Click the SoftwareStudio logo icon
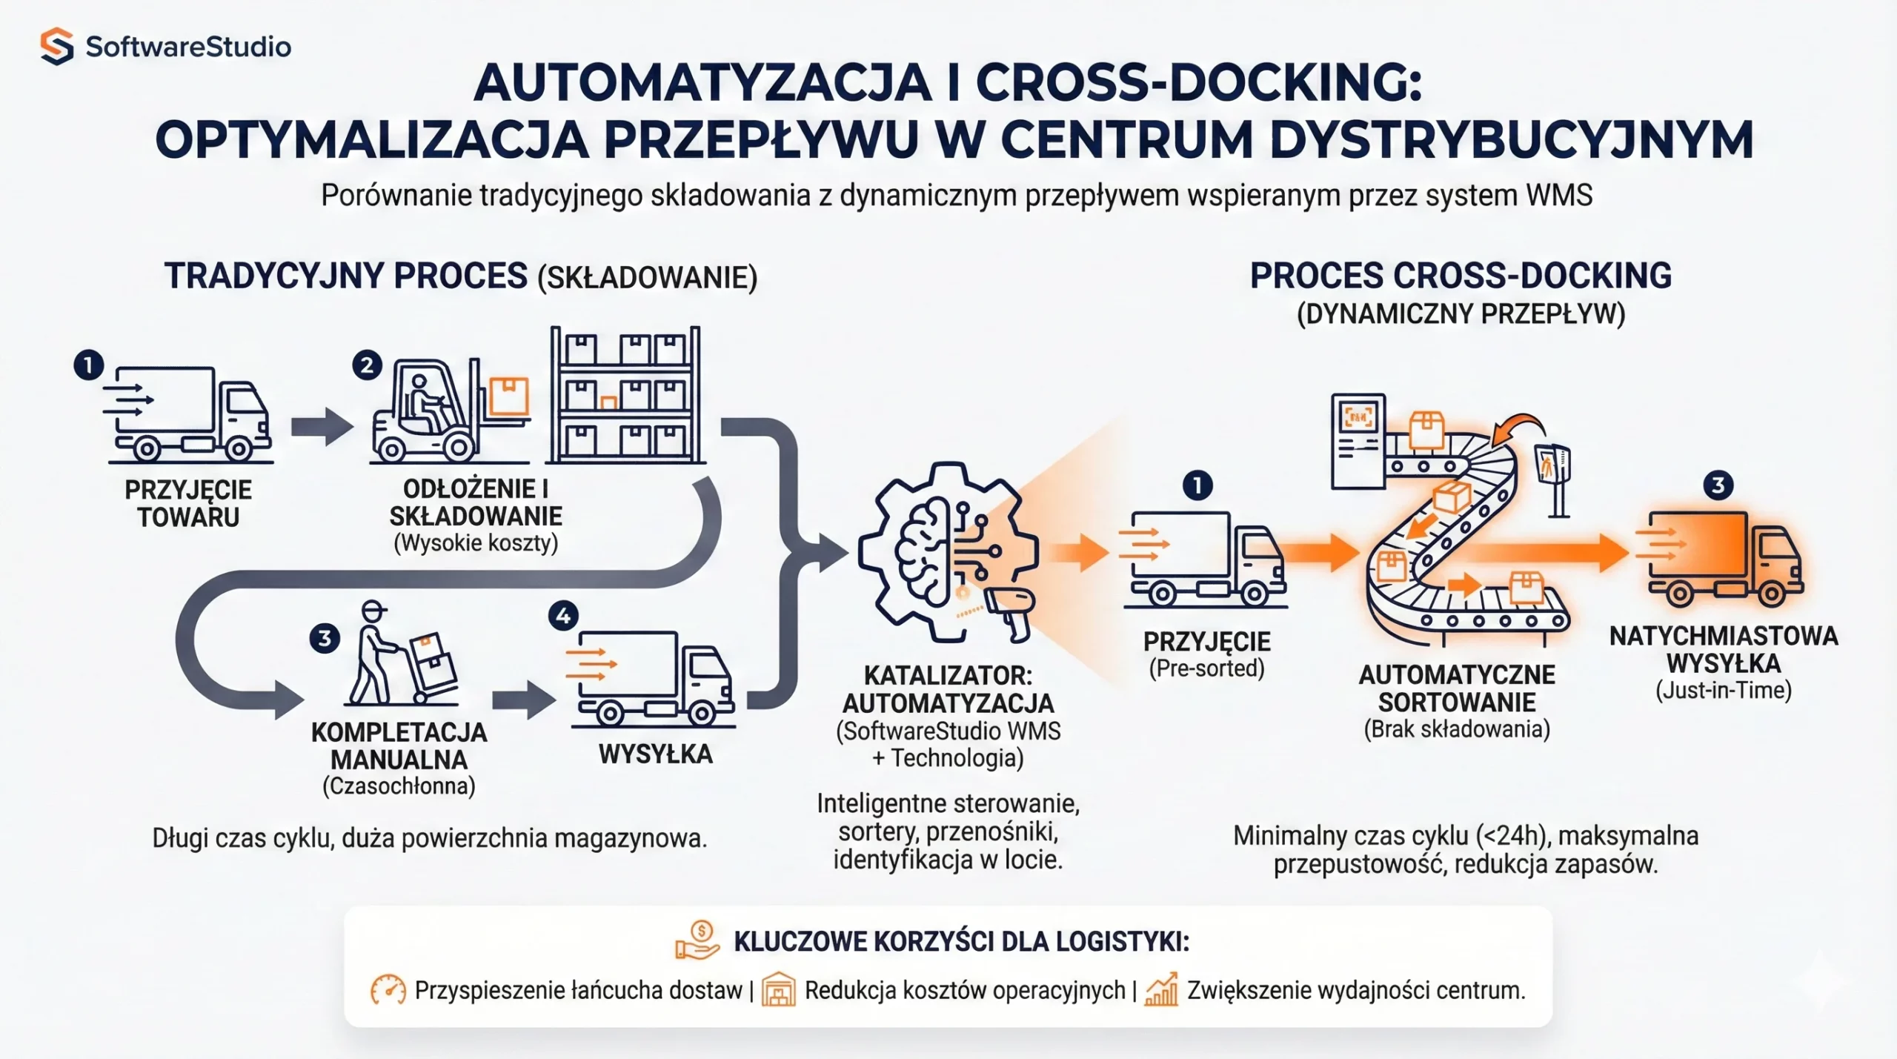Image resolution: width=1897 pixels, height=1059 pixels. coord(56,46)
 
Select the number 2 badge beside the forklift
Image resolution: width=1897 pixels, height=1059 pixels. coord(367,365)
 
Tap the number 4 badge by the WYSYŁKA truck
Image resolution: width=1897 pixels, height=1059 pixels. coord(562,616)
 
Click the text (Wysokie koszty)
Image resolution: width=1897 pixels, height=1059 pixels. coord(475,543)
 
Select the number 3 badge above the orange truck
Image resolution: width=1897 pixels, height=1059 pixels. coord(1718,485)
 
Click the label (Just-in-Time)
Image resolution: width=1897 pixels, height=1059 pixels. coord(1723,691)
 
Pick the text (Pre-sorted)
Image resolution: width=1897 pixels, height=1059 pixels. coord(1206,668)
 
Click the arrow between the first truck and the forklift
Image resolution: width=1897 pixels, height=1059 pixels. coord(322,427)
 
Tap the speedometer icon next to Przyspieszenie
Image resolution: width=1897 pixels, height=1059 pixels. coord(388,990)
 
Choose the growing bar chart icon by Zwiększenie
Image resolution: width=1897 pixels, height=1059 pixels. coord(1161,990)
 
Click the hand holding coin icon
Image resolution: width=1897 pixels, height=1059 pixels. coord(697,940)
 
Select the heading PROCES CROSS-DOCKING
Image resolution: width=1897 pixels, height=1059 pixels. coord(1460,276)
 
